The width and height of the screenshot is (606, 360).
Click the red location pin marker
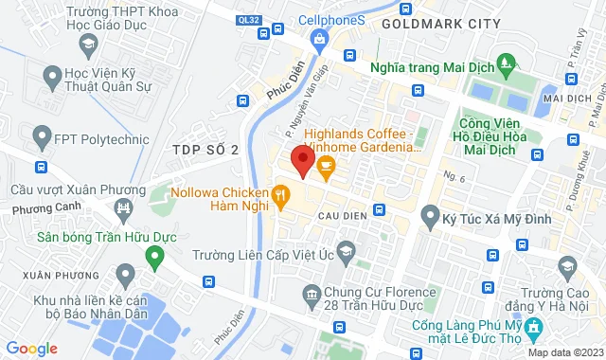(x=302, y=160)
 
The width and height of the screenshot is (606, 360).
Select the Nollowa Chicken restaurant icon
(x=280, y=196)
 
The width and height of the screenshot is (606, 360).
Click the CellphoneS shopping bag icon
(x=318, y=39)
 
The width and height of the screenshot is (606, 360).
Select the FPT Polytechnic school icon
(x=40, y=140)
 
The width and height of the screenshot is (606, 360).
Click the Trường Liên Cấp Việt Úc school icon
(x=347, y=251)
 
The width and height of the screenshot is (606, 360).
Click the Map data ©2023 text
(x=564, y=352)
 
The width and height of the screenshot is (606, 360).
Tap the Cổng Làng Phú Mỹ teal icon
(x=532, y=328)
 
